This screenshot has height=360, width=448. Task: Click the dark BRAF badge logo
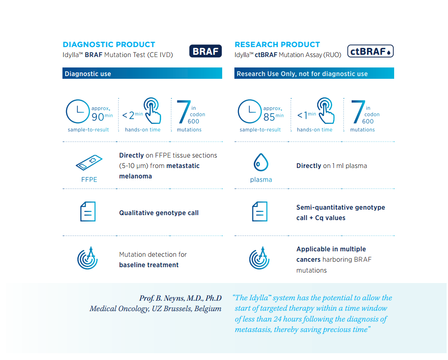pyautogui.click(x=205, y=51)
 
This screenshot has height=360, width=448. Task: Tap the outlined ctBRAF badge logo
pyautogui.click(x=371, y=51)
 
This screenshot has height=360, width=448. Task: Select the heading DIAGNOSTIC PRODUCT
pyautogui.click(x=109, y=45)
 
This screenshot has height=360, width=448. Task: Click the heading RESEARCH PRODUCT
pyautogui.click(x=277, y=45)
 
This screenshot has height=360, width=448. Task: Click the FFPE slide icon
pyautogui.click(x=89, y=163)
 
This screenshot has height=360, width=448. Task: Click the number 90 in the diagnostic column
pyautogui.click(x=98, y=117)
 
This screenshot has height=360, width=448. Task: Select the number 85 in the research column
pyautogui.click(x=269, y=117)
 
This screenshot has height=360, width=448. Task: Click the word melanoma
pyautogui.click(x=135, y=176)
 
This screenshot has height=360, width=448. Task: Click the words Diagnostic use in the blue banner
pyautogui.click(x=88, y=74)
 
